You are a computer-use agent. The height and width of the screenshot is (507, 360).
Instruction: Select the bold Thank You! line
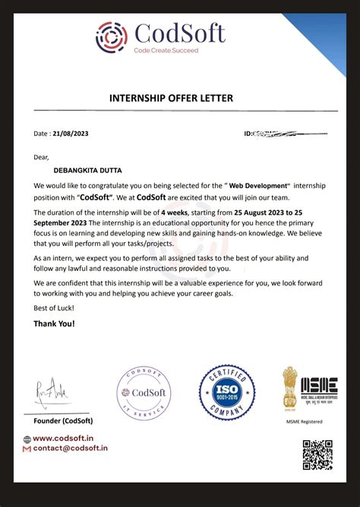[54, 323]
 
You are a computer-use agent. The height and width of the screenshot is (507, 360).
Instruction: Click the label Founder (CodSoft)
[64, 420]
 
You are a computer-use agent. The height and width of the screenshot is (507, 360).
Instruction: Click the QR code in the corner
[317, 454]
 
